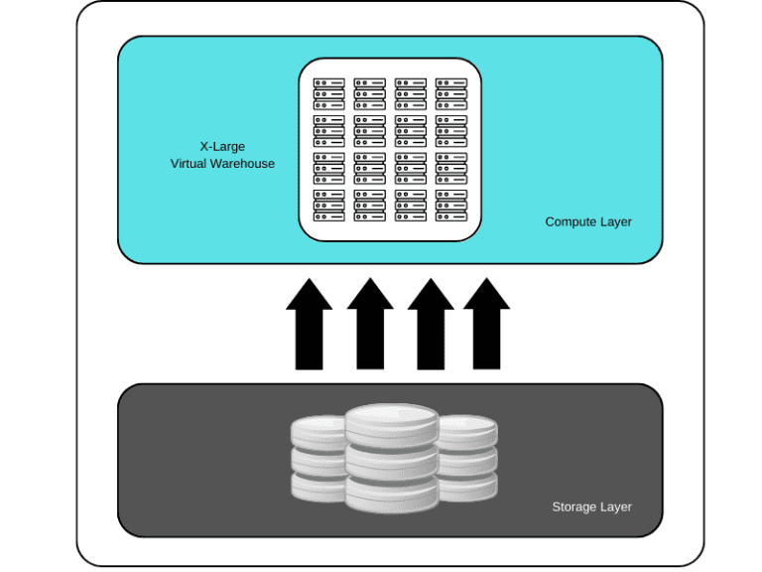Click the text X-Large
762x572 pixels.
coord(222,147)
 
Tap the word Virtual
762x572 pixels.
coord(189,164)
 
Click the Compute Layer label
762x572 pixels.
coord(588,222)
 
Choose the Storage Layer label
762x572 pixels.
coord(591,506)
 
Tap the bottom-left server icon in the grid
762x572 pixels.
coord(329,206)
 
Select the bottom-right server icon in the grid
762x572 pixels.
coord(451,206)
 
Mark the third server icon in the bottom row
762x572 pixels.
coord(411,206)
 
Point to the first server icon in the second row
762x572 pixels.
coord(329,131)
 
